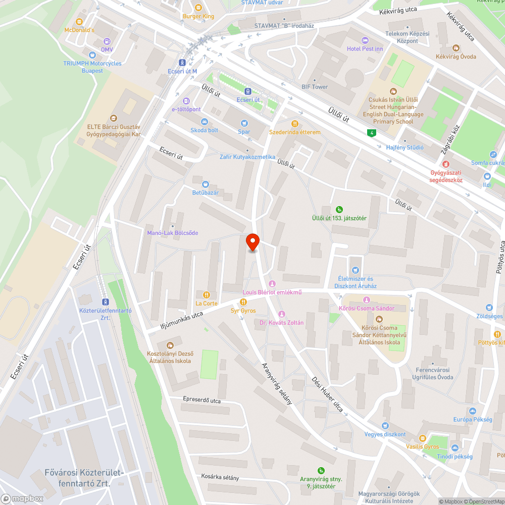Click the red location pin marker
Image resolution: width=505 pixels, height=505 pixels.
[252, 242]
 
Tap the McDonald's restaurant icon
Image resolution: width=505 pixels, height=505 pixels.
[79, 22]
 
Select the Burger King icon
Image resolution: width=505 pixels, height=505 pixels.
[198, 8]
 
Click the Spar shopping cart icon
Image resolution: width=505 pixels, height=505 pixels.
[244, 123]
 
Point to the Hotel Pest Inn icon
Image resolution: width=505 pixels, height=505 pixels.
[365, 40]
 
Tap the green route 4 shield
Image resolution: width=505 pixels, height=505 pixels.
[372, 133]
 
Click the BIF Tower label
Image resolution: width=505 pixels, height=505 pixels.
[315, 87]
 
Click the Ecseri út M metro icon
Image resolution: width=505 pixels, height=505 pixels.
[182, 63]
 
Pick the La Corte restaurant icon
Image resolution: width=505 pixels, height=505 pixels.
[206, 294]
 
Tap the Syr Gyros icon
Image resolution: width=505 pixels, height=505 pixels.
[243, 301]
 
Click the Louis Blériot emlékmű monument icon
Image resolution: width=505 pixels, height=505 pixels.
[272, 283]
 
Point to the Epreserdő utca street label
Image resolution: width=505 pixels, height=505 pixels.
[202, 400]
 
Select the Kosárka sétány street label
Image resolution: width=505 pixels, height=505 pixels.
[220, 477]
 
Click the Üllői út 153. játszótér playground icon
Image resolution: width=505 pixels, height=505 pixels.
[339, 209]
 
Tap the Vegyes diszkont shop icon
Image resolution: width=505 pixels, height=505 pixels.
[385, 426]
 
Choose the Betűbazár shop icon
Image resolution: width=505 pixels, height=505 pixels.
[205, 184]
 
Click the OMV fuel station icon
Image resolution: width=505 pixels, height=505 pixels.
[107, 41]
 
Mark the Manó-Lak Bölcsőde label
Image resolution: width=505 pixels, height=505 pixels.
[172, 233]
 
